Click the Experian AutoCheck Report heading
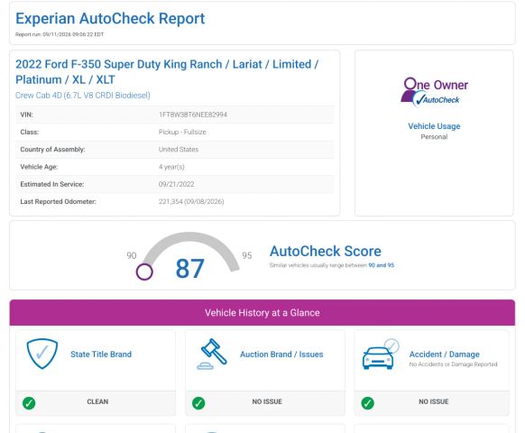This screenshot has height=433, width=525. coord(110,19)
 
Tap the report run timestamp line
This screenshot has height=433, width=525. coord(60,34)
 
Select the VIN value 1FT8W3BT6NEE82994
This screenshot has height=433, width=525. coord(193,115)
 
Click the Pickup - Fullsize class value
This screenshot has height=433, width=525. coord(182,132)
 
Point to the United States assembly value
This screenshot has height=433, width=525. coord(179,150)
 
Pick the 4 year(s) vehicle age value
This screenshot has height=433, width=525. coord(171,167)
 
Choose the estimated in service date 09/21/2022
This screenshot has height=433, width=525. coord(177,184)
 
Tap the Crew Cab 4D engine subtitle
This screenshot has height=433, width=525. coord(83,96)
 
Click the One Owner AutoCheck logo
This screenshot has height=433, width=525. coord(434,92)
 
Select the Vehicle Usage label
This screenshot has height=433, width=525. coord(434,126)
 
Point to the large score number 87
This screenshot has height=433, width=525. coord(189,269)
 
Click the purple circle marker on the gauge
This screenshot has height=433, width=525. coord(144,272)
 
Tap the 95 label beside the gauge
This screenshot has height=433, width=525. coord(247,256)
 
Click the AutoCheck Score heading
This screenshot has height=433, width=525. coord(326,251)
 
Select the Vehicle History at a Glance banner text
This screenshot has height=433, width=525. coord(262,313)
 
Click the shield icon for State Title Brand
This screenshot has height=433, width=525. coord(42,354)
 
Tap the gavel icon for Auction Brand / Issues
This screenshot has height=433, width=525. coord(212,354)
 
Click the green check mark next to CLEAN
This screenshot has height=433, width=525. coord(29,403)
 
